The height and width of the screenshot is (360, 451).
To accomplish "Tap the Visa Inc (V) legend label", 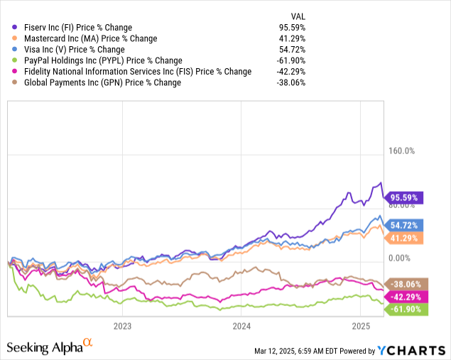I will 73,50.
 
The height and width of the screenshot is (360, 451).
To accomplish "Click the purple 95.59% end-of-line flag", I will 404,197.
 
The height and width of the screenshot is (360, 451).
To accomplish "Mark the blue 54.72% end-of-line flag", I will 404,224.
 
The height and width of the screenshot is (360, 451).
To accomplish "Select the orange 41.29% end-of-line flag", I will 404,238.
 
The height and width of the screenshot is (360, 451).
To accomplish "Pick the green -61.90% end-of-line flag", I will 403,309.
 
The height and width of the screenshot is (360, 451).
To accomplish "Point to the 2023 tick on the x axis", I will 122,327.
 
